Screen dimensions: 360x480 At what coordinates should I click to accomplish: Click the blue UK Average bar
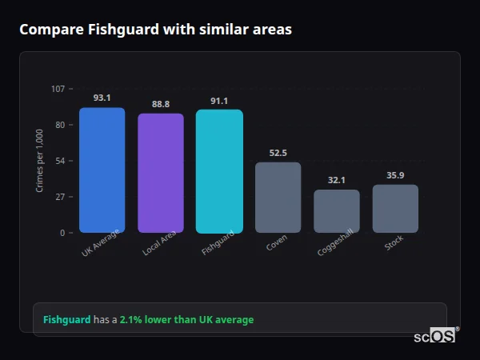click(102, 170)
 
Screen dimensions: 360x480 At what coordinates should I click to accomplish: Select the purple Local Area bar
click(161, 173)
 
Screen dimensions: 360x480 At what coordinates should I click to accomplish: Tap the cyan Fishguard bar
click(219, 171)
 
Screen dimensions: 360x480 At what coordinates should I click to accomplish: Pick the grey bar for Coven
click(278, 198)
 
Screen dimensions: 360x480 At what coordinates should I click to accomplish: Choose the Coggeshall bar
click(336, 211)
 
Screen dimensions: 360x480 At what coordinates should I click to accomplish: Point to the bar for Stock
click(395, 209)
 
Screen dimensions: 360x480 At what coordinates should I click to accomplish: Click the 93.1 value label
click(102, 98)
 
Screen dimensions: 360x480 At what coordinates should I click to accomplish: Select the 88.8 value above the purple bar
click(161, 104)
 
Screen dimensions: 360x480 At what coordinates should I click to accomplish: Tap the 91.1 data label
click(219, 101)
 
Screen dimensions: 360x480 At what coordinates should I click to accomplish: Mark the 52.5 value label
click(278, 153)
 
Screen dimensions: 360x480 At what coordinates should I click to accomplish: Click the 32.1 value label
click(336, 180)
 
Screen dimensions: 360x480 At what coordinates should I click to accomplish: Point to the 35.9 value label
click(395, 175)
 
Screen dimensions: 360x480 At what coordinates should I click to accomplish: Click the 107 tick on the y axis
click(58, 89)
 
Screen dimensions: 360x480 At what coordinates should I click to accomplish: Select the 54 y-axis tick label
click(60, 161)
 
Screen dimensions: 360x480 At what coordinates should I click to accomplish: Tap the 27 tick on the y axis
click(60, 197)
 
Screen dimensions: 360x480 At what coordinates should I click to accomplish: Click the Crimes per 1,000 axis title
click(39, 161)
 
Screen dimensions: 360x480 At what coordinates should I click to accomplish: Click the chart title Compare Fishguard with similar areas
click(155, 30)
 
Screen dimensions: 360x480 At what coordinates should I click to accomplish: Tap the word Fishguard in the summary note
click(66, 320)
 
